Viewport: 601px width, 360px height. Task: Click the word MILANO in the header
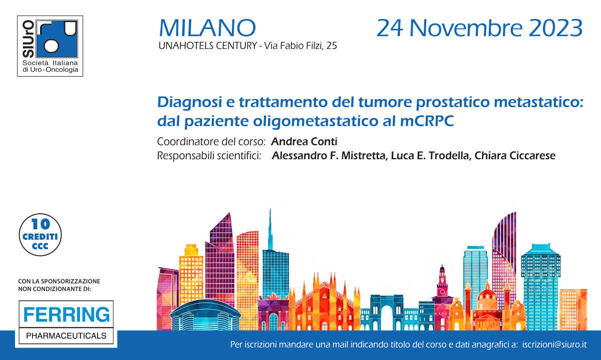point(207,28)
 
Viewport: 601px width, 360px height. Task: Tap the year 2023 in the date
point(555,28)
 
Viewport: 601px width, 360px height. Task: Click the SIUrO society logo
point(50,46)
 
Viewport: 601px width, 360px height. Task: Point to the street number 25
point(332,46)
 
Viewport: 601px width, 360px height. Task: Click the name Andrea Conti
point(304,141)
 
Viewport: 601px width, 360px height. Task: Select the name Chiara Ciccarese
point(515,156)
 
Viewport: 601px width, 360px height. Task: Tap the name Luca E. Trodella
point(430,156)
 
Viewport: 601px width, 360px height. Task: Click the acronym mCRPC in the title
point(427,121)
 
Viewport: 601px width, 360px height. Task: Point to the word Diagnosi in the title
point(189,102)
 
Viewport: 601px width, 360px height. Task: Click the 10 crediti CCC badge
point(40,234)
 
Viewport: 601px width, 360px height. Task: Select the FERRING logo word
point(67,314)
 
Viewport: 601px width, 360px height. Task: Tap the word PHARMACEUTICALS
point(66,336)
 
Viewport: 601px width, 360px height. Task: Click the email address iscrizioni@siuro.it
point(554,344)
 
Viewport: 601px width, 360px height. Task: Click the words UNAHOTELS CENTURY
point(208,46)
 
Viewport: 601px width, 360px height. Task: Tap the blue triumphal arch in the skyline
point(387,313)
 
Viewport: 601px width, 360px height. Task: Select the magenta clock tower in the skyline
point(442,298)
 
